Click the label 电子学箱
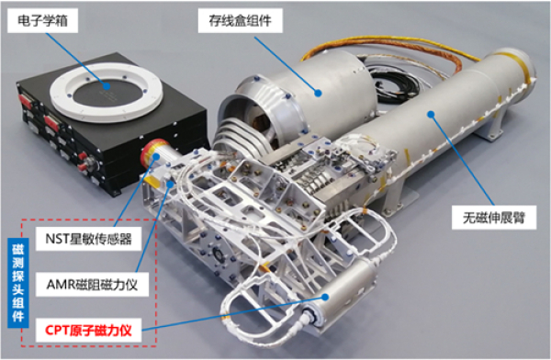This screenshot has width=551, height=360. click(x=42, y=21)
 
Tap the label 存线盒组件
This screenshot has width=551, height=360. click(x=240, y=21)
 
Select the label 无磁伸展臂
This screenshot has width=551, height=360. click(x=494, y=218)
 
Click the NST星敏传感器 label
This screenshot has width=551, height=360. click(x=88, y=239)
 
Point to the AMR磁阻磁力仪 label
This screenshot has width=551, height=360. click(x=92, y=285)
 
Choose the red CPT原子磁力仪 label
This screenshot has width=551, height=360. click(x=88, y=330)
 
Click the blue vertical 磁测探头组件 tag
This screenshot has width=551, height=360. click(x=18, y=283)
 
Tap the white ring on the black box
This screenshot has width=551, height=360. click(x=107, y=93)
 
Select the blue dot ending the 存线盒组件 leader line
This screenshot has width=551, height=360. click(x=318, y=93)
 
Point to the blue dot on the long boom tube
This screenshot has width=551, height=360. click(x=431, y=114)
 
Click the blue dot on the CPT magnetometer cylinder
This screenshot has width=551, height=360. click(x=325, y=297)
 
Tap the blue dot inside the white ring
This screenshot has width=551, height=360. click(x=107, y=86)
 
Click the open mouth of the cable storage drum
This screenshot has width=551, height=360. click(x=246, y=116)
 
